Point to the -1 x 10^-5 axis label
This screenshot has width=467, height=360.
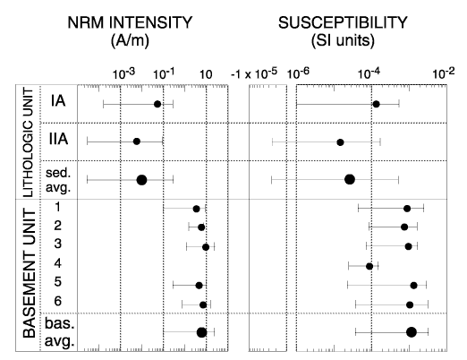(254, 73)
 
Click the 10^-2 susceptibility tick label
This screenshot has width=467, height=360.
(444, 73)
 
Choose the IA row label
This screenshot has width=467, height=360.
(58, 101)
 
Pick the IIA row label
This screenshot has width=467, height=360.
(58, 139)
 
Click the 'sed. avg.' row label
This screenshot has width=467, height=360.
(58, 180)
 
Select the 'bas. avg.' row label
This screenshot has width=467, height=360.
(59, 332)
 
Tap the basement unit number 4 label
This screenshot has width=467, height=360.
(57, 263)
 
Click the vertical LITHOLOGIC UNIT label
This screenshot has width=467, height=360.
(28, 142)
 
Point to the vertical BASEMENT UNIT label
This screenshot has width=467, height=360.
(30, 273)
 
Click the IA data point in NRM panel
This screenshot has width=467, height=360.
(157, 104)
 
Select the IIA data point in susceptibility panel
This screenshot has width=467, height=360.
(340, 142)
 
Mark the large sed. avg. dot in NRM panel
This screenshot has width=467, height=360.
(141, 180)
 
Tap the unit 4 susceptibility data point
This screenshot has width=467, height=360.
(369, 266)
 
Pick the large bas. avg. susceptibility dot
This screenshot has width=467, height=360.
(412, 332)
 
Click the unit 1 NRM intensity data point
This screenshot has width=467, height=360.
(196, 209)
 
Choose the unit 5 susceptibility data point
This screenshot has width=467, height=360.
(413, 286)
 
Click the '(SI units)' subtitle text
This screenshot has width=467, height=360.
(343, 40)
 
